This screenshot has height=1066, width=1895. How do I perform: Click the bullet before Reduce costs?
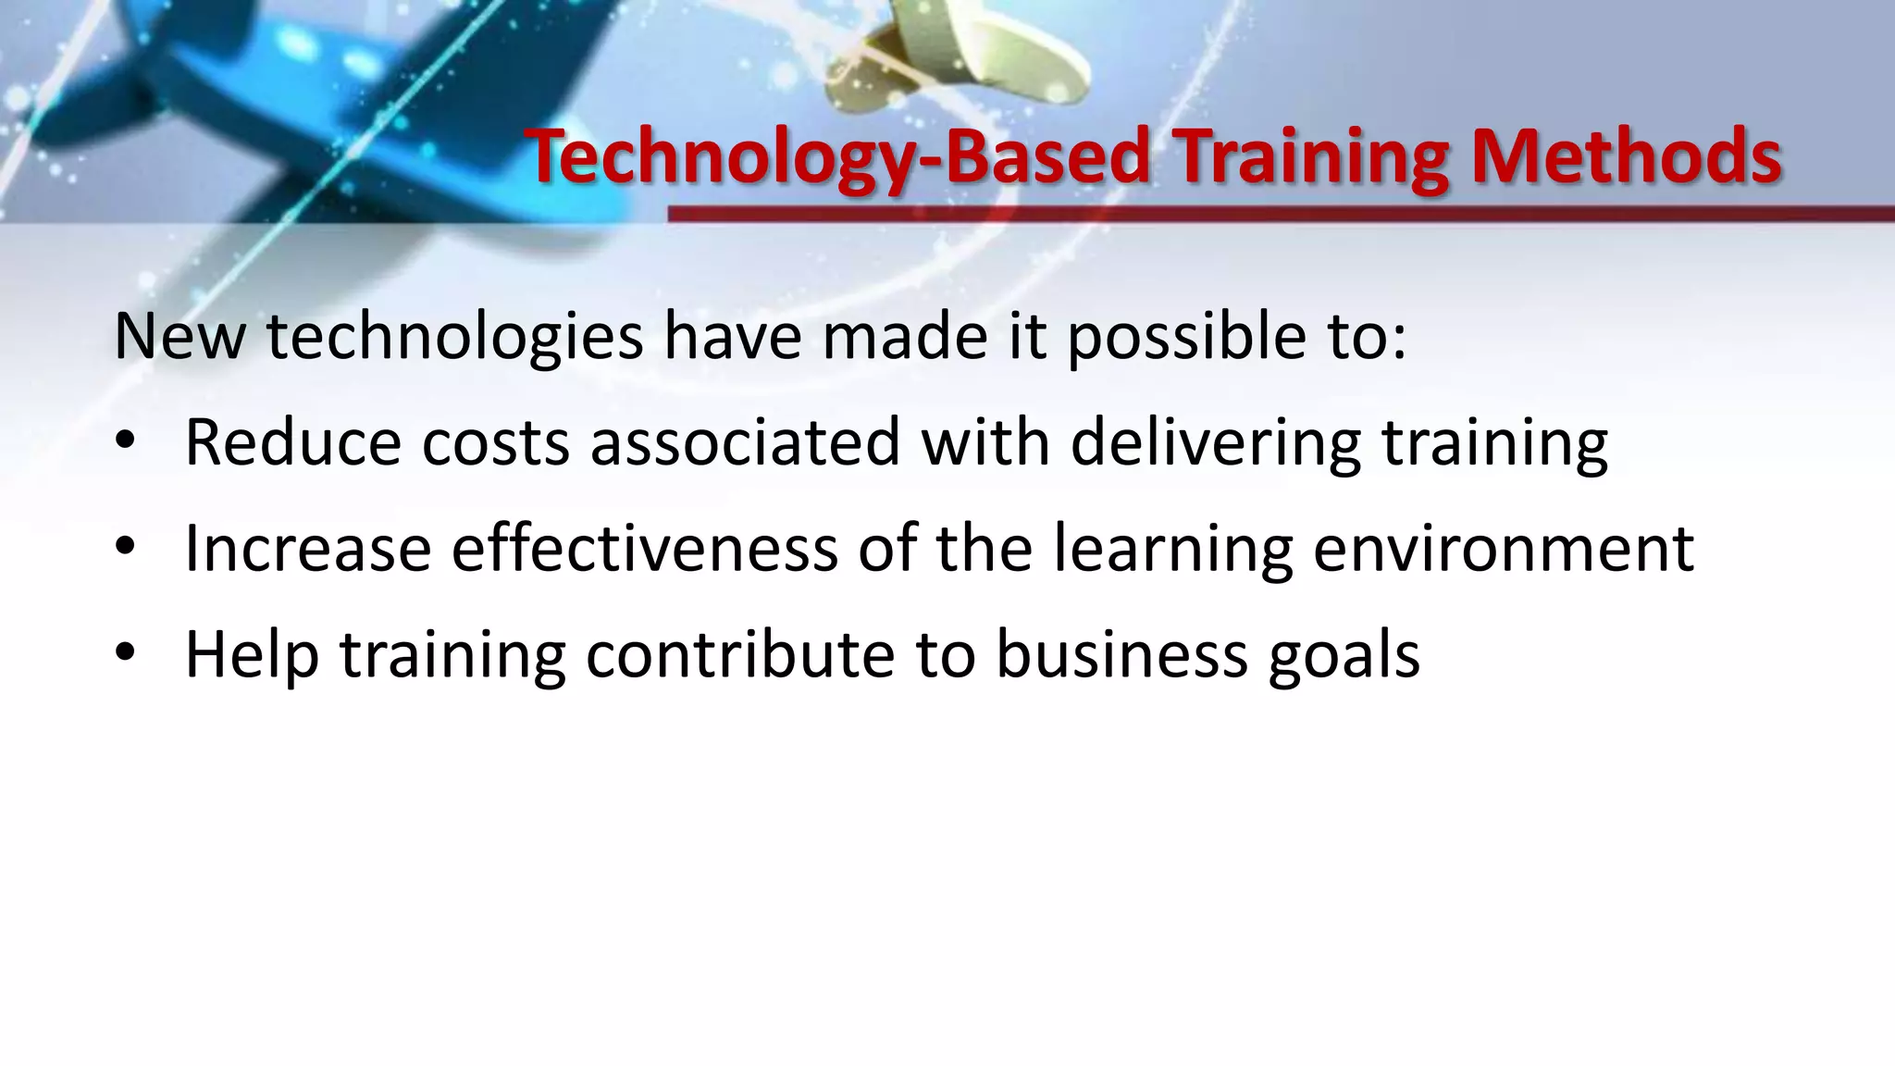[x=126, y=442]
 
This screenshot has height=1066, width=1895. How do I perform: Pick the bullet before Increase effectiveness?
[x=126, y=548]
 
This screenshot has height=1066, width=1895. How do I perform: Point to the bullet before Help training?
[x=126, y=653]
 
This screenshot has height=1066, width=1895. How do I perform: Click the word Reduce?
[x=292, y=442]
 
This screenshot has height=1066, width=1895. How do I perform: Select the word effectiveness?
[x=644, y=548]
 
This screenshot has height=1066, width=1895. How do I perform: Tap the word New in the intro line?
[x=180, y=337]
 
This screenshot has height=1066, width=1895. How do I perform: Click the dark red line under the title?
[x=1277, y=215]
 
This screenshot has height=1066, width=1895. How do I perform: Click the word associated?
[x=745, y=442]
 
